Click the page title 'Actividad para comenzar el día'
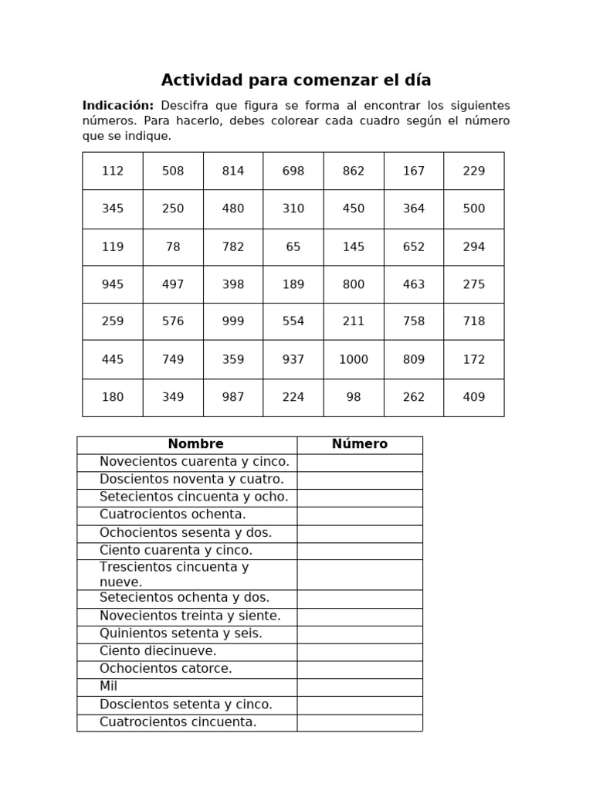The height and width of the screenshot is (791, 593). pyautogui.click(x=296, y=80)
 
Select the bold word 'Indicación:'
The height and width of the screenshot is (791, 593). pyautogui.click(x=118, y=105)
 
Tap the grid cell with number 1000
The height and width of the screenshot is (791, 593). pyautogui.click(x=353, y=359)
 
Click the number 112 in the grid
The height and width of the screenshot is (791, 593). pyautogui.click(x=113, y=171)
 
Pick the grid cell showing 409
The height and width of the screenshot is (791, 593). pyautogui.click(x=473, y=397)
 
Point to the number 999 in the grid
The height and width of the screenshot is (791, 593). pyautogui.click(x=232, y=321)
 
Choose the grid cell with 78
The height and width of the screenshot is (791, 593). pyautogui.click(x=173, y=246)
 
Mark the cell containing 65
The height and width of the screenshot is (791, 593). pyautogui.click(x=293, y=246)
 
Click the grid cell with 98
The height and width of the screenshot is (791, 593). pyautogui.click(x=353, y=397)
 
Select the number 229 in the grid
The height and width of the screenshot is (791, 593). pyautogui.click(x=473, y=171)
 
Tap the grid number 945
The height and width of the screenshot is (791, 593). pyautogui.click(x=113, y=284)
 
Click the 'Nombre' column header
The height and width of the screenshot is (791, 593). pyautogui.click(x=195, y=444)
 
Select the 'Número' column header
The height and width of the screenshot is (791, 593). pyautogui.click(x=360, y=444)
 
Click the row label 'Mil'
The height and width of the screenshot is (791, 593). pyautogui.click(x=109, y=687)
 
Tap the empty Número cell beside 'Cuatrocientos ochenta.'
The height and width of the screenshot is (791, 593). pyautogui.click(x=360, y=515)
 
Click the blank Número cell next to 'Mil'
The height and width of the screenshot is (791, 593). pyautogui.click(x=360, y=687)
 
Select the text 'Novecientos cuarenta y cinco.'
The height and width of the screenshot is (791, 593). pyautogui.click(x=195, y=462)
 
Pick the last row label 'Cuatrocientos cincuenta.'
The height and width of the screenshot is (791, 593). pyautogui.click(x=178, y=722)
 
